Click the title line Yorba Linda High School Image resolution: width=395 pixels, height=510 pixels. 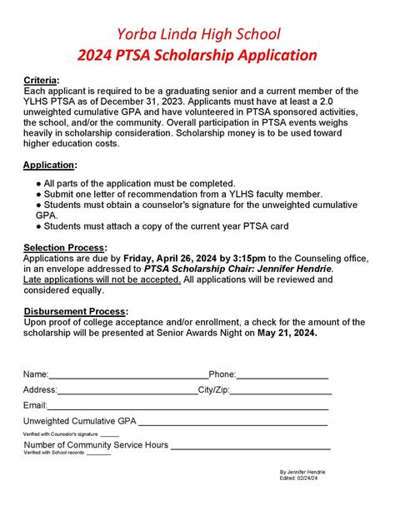point(197,34)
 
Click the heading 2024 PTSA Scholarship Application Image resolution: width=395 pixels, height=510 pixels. point(197,57)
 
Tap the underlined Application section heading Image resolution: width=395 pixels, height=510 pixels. point(50,165)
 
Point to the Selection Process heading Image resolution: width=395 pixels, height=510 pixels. point(65,248)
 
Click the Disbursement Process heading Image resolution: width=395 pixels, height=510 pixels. point(73,311)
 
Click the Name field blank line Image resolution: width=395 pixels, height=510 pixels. point(128,375)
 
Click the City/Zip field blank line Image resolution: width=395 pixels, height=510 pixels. point(280,390)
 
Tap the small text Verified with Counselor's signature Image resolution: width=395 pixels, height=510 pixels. point(60,434)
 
